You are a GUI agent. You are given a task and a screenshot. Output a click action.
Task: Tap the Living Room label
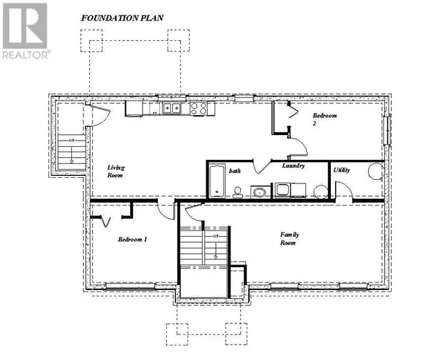[116, 172]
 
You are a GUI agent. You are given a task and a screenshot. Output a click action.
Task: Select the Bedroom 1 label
[132, 240]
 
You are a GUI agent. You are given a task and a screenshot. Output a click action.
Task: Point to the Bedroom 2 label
[324, 118]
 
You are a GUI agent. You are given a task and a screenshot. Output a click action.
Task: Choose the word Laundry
[294, 166]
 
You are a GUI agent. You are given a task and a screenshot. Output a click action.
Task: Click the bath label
[235, 170]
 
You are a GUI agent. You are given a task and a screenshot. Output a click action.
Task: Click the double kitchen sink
[172, 108]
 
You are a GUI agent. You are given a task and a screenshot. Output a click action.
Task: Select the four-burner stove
[198, 108]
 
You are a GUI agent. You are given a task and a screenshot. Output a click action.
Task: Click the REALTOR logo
[26, 30]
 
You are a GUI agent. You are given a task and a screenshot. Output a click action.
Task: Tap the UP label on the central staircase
[215, 237]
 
